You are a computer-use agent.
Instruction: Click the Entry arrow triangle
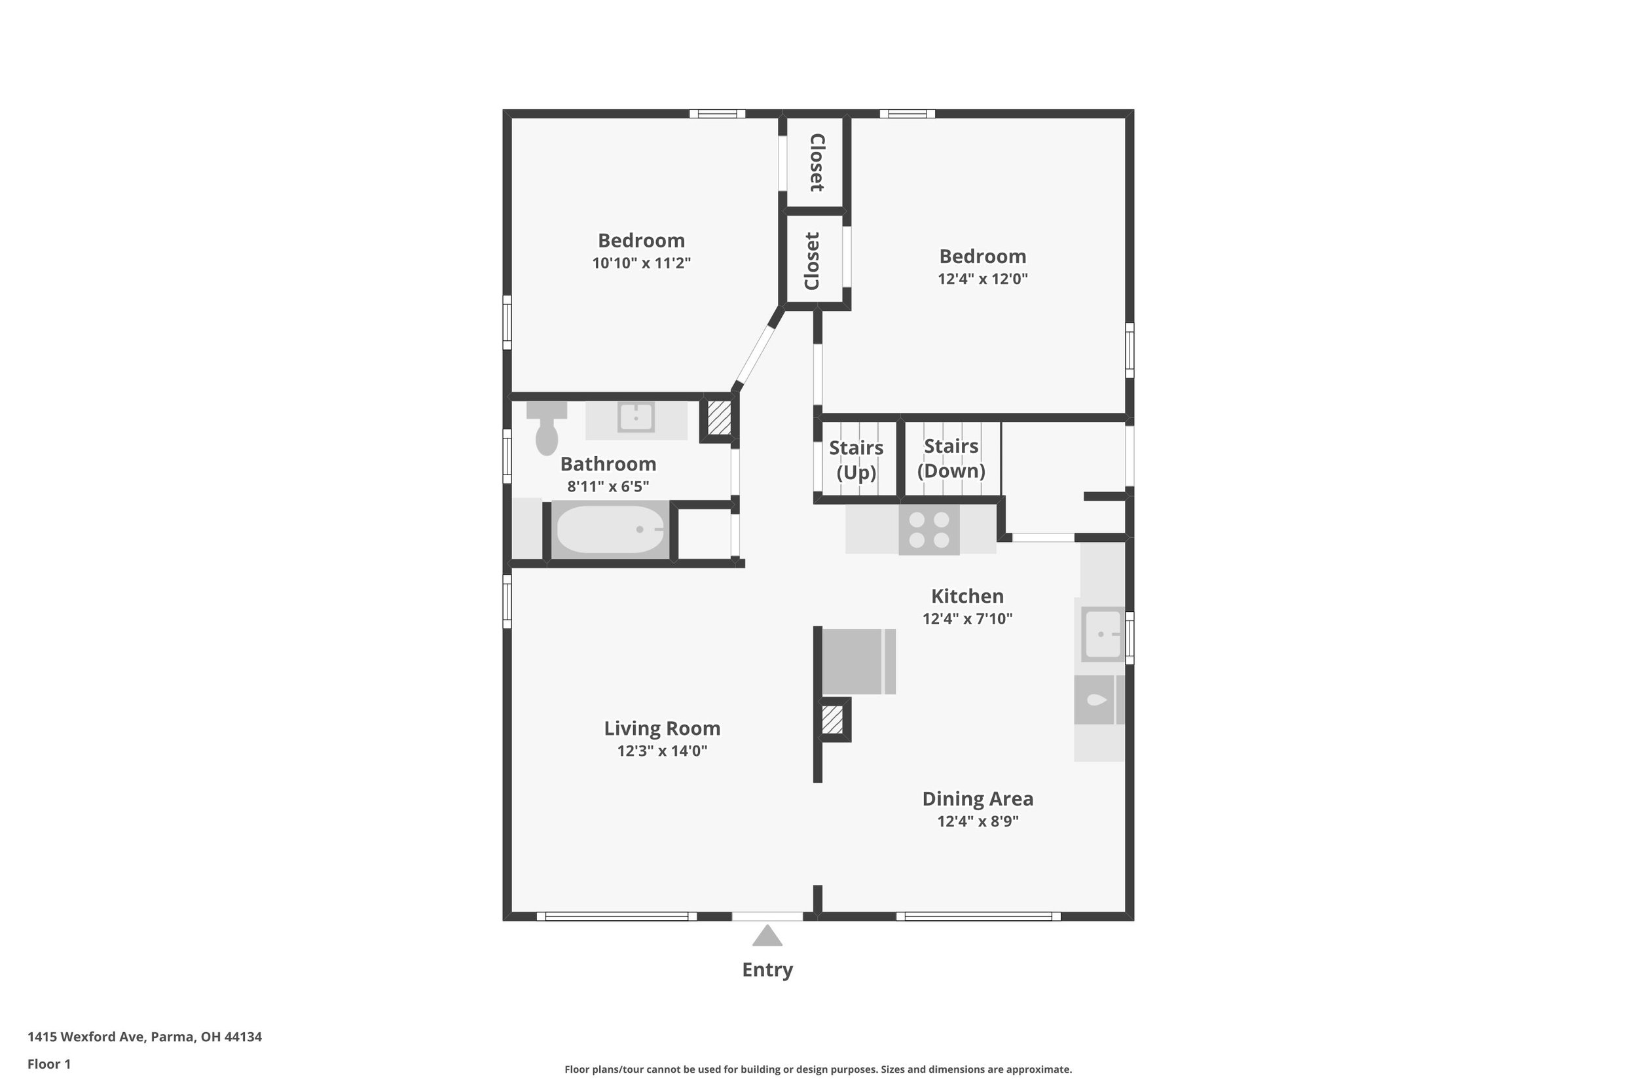[x=767, y=937]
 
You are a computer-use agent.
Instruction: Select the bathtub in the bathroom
[x=610, y=529]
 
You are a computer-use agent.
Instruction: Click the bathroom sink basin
[x=636, y=418]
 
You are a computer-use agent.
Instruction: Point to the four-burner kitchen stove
[x=929, y=529]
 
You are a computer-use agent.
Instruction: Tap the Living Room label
[x=662, y=728]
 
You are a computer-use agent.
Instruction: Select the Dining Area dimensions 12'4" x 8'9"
[x=978, y=821]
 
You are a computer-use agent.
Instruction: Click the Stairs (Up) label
[x=856, y=460]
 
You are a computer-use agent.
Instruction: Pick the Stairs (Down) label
[x=951, y=459]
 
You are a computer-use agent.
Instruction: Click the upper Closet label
[x=817, y=162]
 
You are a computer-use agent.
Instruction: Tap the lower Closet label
[x=812, y=261]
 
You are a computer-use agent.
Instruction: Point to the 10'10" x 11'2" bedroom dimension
[x=641, y=263]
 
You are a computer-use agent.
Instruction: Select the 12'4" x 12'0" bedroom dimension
[x=983, y=279]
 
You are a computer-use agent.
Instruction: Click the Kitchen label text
[x=967, y=596]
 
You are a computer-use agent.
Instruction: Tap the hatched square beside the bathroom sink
[x=719, y=418]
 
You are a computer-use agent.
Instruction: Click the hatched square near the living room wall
[x=832, y=719]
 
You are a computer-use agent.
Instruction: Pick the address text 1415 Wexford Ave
[x=86, y=1037]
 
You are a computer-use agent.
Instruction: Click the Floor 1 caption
[x=49, y=1064]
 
